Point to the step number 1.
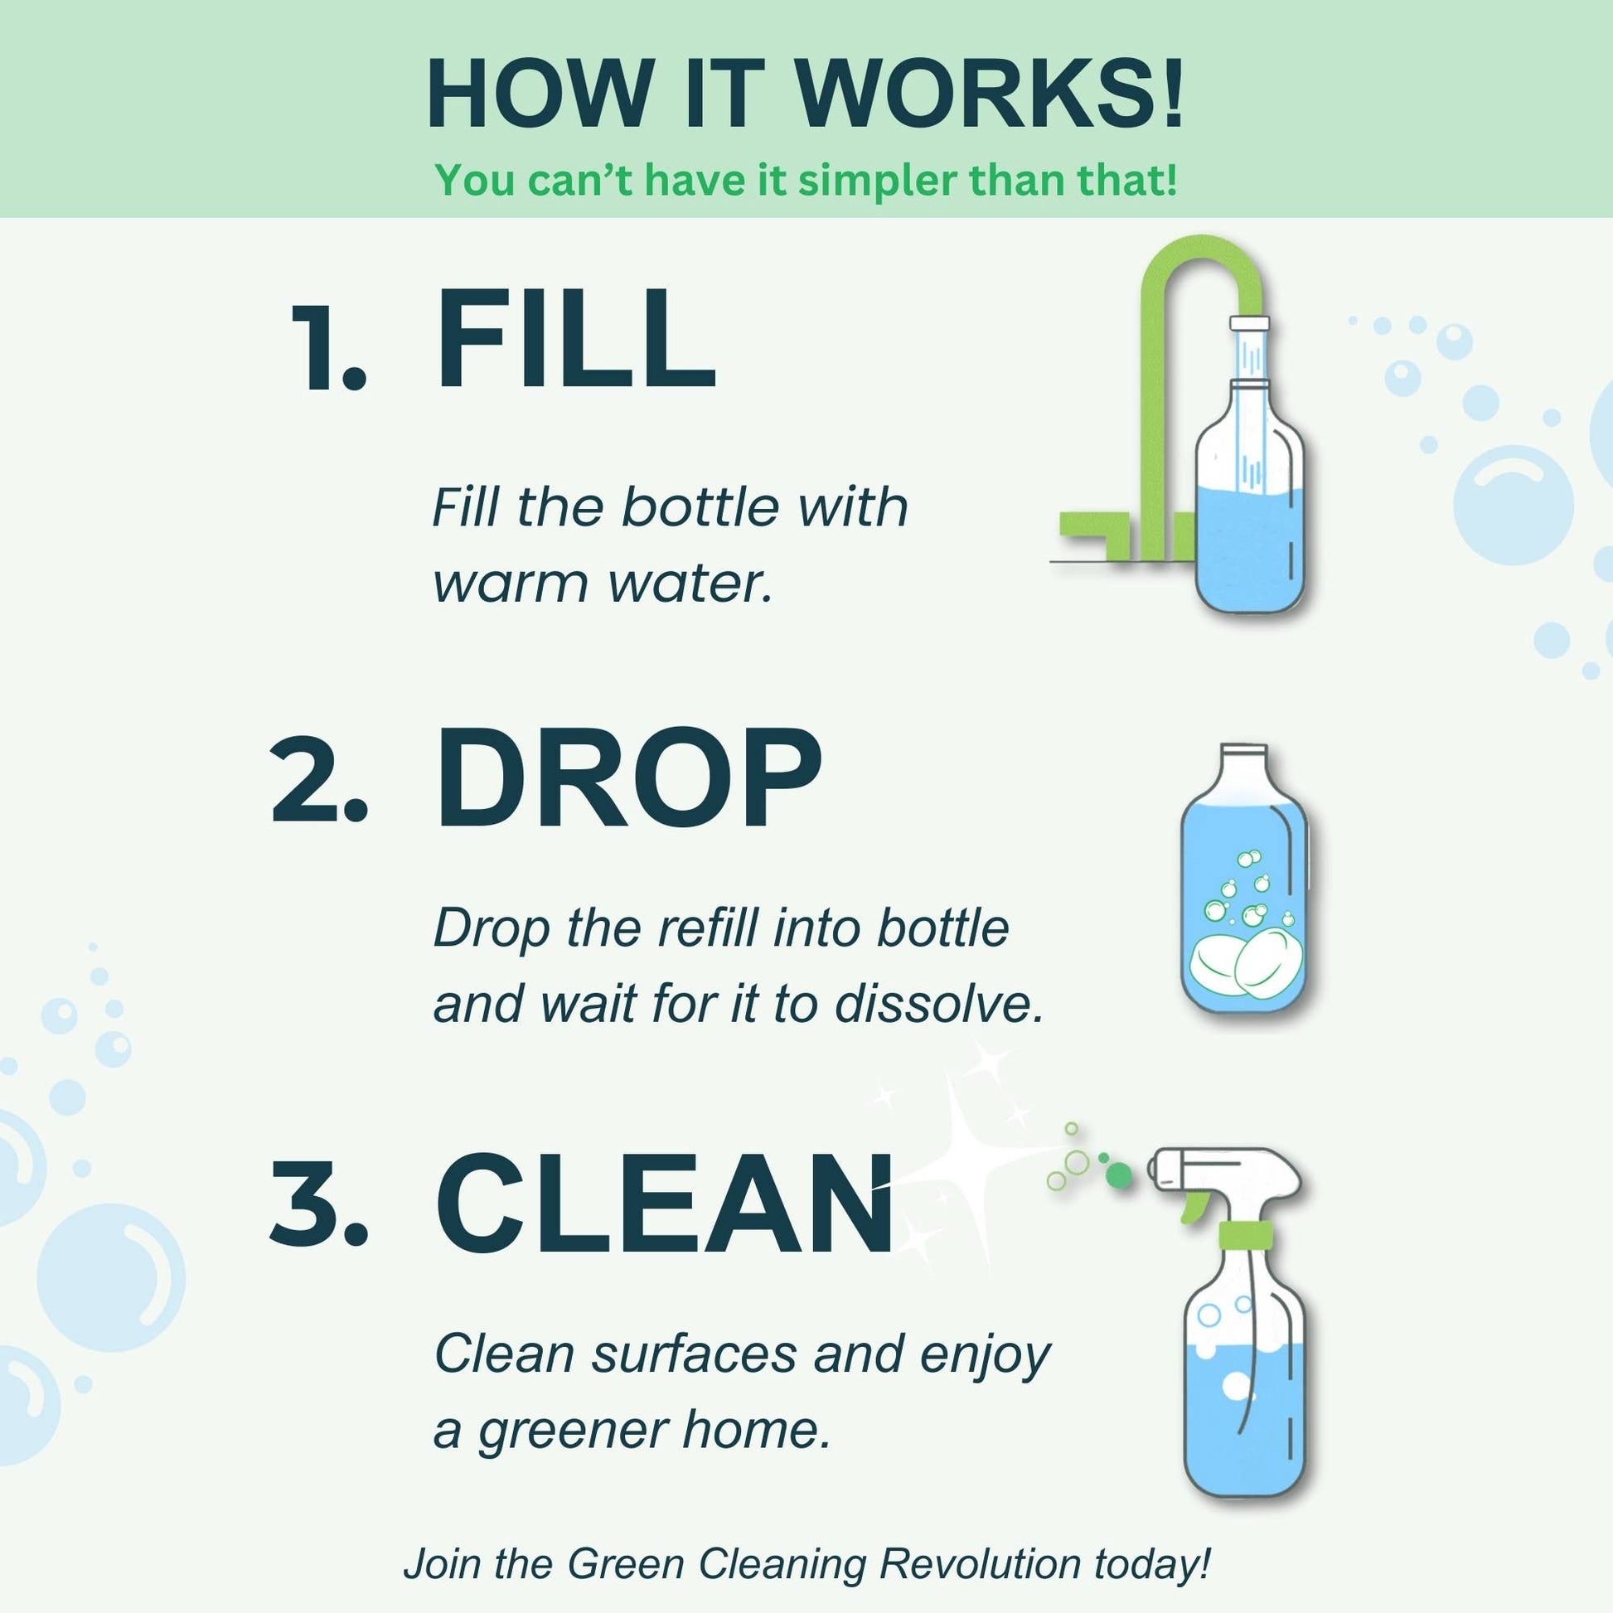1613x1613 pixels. coord(327,350)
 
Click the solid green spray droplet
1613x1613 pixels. coord(1119,1175)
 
